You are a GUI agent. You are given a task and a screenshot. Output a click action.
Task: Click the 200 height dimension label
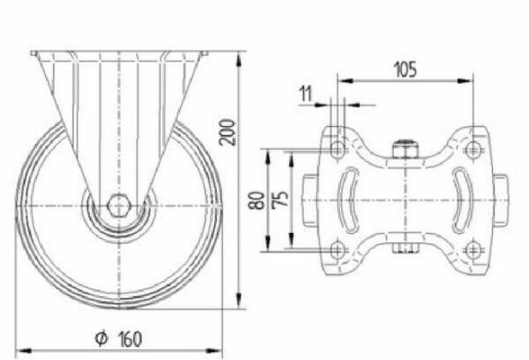click(x=227, y=132)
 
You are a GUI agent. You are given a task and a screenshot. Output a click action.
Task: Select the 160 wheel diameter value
click(x=130, y=338)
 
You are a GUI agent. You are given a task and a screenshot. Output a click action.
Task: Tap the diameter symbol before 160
click(x=101, y=338)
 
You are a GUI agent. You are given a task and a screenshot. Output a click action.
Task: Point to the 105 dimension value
click(x=405, y=69)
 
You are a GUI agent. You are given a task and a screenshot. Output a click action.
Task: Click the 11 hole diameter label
click(x=306, y=94)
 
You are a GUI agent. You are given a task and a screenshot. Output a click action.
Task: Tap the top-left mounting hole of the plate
click(x=337, y=148)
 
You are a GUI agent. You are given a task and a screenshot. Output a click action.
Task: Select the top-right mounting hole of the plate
click(x=473, y=148)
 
